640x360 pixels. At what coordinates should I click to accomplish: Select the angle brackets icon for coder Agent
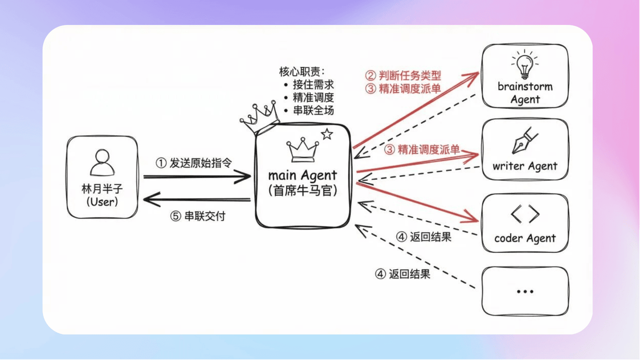click(x=525, y=214)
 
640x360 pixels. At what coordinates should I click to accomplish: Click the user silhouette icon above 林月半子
click(x=102, y=164)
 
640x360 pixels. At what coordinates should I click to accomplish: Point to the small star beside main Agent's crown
click(x=327, y=134)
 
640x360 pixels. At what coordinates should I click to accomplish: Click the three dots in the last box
click(x=525, y=291)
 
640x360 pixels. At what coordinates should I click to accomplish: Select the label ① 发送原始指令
click(x=194, y=163)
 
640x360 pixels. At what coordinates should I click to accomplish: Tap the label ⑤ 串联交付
click(x=198, y=217)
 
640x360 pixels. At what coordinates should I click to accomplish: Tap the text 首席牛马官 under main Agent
click(x=302, y=190)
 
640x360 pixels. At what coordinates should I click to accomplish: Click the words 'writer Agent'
click(x=525, y=166)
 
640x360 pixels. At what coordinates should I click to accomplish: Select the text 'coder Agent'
click(x=525, y=238)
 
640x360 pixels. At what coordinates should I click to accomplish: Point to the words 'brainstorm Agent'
click(x=525, y=92)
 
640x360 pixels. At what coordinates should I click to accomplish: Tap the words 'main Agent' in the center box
click(x=302, y=175)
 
